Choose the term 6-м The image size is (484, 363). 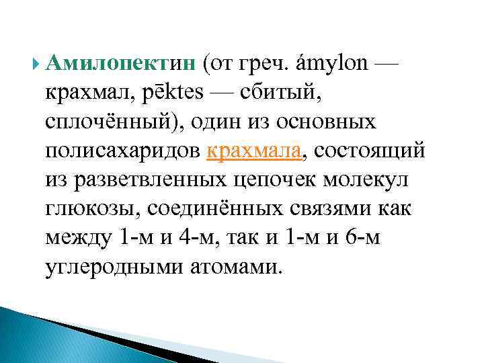click(360, 238)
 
